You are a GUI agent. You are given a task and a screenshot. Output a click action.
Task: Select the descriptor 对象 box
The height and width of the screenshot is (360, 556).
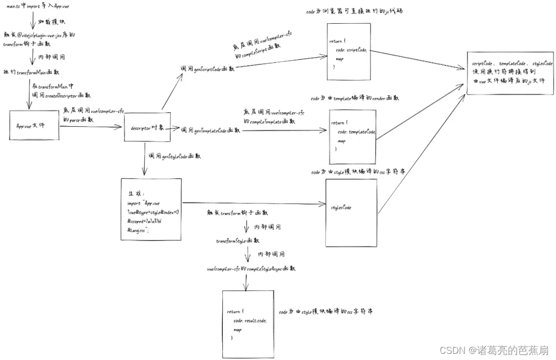point(147,127)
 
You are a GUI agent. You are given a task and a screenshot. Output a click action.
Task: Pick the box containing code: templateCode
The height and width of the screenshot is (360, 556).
point(353,136)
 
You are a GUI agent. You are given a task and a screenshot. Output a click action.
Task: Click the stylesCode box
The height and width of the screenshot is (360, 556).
point(351,212)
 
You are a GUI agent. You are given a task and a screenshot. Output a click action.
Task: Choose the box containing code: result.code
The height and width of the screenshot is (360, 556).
point(247,323)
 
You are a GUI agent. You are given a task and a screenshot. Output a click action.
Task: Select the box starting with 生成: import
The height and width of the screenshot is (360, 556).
point(151,209)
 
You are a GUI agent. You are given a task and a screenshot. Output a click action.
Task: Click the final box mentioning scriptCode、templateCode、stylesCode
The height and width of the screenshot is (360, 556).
point(510,73)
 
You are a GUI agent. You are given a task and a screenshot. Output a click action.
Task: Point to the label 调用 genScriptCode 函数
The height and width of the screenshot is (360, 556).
point(207,68)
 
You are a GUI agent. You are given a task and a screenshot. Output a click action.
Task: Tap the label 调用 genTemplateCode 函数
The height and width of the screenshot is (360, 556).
point(211,130)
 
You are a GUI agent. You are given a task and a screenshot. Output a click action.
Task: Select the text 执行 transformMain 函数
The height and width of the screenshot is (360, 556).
point(31,72)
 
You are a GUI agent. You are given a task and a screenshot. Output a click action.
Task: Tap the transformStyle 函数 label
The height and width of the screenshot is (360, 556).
point(237,241)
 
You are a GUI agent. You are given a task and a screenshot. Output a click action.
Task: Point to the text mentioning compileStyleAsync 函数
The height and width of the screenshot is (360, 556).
point(251,269)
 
